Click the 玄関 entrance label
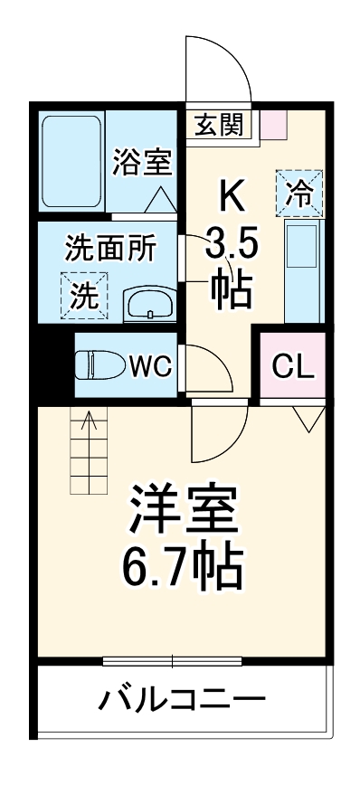pyautogui.click(x=219, y=124)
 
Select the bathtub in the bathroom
pyautogui.click(x=71, y=161)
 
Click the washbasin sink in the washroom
pyautogui.click(x=147, y=305)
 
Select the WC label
pyautogui.click(x=152, y=366)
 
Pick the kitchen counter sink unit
pyautogui.click(x=301, y=271)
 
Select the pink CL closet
pyautogui.click(x=293, y=366)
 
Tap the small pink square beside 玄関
pyautogui.click(x=273, y=124)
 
